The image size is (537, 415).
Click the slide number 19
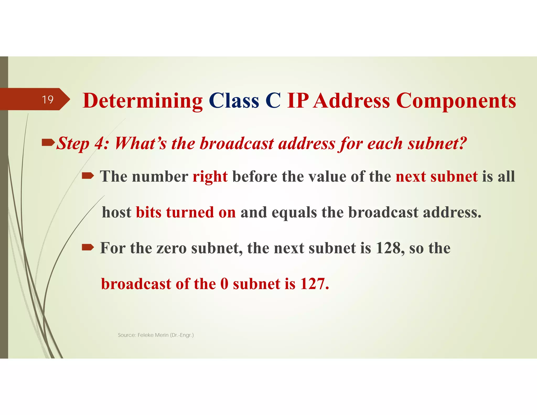[x=48, y=99]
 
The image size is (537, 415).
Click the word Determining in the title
[x=143, y=101]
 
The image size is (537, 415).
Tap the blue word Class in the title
[x=234, y=101]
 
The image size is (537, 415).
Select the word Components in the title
[x=456, y=101]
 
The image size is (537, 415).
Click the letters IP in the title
[x=298, y=101]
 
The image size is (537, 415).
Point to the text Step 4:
[x=83, y=144]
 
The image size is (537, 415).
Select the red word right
[x=210, y=177]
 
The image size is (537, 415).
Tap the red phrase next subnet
[x=437, y=176]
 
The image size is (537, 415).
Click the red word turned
[x=190, y=212]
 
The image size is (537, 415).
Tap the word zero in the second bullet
[x=171, y=248]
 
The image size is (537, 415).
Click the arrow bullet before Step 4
[x=49, y=143]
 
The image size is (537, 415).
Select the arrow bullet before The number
[x=88, y=176]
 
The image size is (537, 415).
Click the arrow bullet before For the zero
[x=88, y=247]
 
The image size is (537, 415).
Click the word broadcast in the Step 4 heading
[x=237, y=144]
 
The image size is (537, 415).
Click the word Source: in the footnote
[x=127, y=335]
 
